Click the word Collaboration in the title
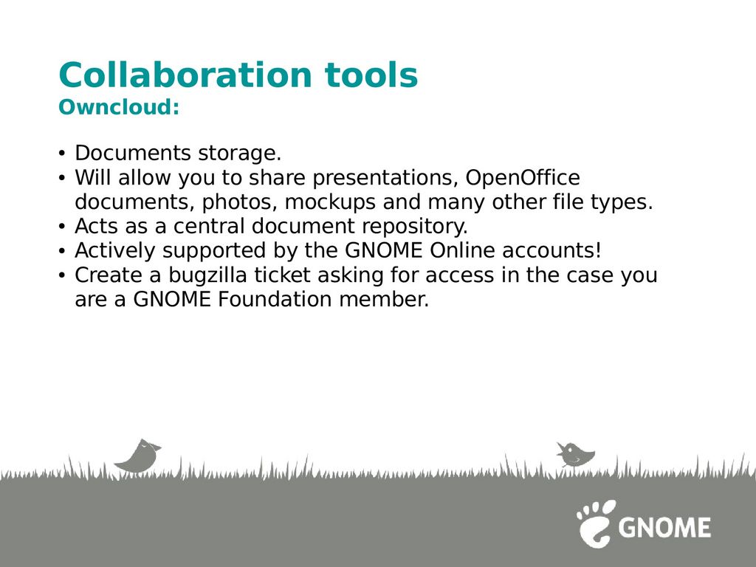(x=185, y=75)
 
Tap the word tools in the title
(x=371, y=75)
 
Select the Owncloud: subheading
(x=119, y=106)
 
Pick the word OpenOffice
(x=523, y=178)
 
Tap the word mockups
(x=330, y=202)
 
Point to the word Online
(x=462, y=250)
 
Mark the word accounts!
(x=552, y=251)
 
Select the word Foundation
(x=275, y=299)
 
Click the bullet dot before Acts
(x=61, y=226)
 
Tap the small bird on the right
(x=575, y=454)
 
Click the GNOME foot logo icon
(x=597, y=523)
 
